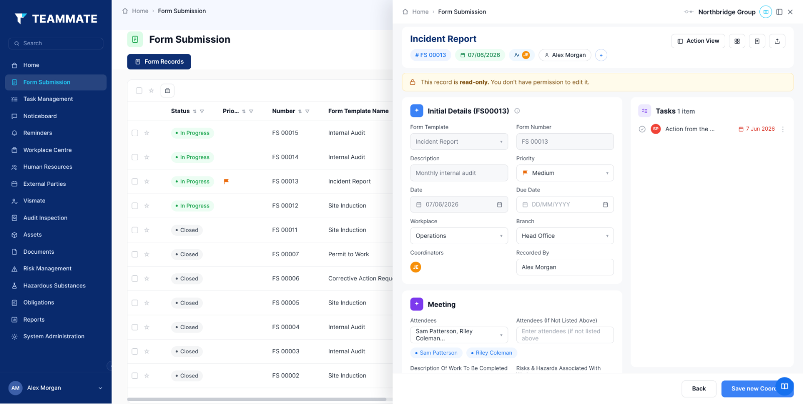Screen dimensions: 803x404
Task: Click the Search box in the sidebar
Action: pos(56,43)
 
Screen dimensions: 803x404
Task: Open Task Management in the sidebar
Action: pos(48,99)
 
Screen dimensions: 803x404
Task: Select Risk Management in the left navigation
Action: pos(47,268)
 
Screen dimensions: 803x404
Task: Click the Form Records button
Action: pos(159,62)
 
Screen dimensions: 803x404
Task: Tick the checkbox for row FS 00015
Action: pos(135,133)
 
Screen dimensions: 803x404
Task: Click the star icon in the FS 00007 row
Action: pos(147,254)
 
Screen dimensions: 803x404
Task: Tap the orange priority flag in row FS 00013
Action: pos(226,181)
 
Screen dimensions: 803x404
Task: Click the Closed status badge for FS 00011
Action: pos(187,230)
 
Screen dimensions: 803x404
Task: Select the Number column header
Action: pos(284,111)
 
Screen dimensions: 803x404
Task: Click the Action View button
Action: pos(698,41)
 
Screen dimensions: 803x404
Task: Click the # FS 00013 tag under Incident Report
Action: pos(431,55)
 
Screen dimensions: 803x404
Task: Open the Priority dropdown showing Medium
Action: pos(565,173)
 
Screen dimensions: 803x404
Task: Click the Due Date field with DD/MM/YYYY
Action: pos(565,205)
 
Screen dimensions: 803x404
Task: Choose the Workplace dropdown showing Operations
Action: pos(459,236)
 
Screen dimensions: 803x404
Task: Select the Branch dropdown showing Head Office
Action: pos(565,236)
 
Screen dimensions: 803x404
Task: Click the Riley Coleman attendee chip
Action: pos(491,353)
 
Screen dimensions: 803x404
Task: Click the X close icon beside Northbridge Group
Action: pos(790,12)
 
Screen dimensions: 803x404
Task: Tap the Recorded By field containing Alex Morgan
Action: pos(565,267)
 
